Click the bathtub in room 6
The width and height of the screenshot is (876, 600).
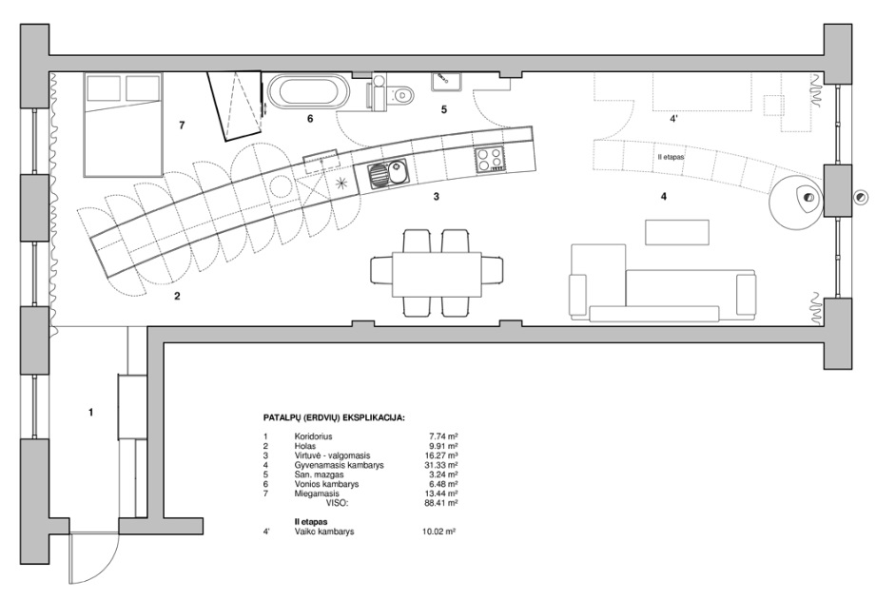click(x=309, y=92)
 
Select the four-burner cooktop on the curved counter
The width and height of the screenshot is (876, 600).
click(x=490, y=159)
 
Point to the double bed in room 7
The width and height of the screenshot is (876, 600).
click(x=124, y=124)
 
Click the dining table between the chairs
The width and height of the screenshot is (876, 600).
click(x=437, y=276)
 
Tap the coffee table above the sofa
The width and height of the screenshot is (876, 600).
click(x=677, y=232)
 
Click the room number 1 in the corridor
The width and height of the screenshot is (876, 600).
click(x=91, y=413)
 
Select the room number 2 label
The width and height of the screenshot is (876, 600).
click(x=177, y=296)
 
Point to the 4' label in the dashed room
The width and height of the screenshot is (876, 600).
click(x=673, y=119)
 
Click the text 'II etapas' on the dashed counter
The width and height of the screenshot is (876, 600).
click(x=671, y=157)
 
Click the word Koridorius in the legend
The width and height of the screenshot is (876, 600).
click(x=313, y=436)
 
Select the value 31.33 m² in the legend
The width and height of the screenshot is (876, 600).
click(x=441, y=465)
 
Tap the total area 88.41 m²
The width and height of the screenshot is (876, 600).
click(x=441, y=503)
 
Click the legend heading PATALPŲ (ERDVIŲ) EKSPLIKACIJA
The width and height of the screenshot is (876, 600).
click(x=334, y=417)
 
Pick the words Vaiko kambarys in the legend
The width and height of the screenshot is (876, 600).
click(x=324, y=532)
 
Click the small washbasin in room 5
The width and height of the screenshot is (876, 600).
click(x=445, y=82)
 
